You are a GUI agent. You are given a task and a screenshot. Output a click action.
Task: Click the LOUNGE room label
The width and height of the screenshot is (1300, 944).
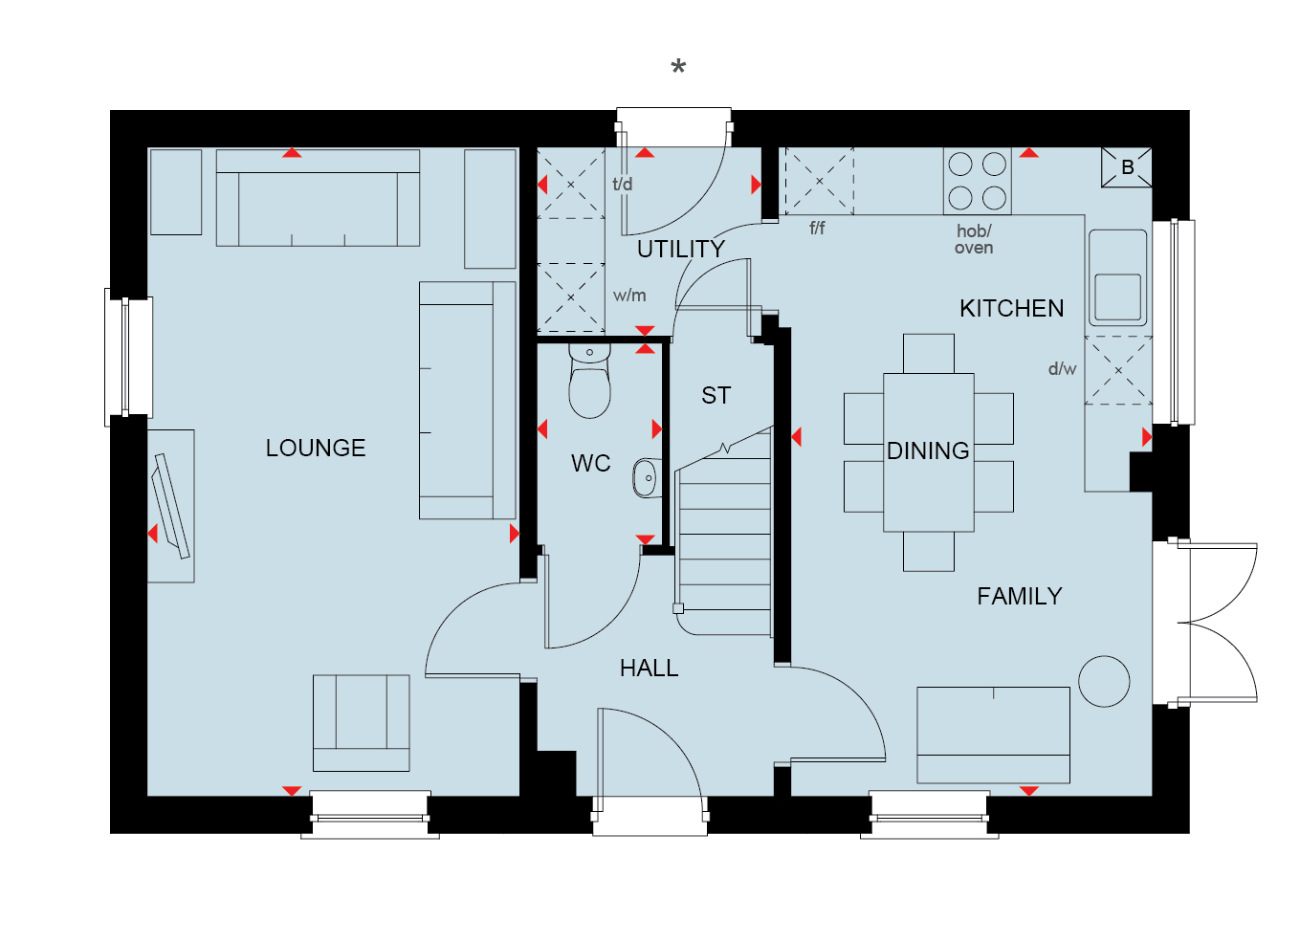(x=316, y=449)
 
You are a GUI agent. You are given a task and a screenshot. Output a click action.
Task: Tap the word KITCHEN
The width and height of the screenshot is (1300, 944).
(x=1011, y=309)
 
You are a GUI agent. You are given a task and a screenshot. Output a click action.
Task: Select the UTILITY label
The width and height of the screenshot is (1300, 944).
(x=681, y=250)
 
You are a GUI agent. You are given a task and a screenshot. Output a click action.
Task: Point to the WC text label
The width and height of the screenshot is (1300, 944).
(x=591, y=464)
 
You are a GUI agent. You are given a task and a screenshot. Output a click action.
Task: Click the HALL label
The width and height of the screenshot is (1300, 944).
(x=649, y=669)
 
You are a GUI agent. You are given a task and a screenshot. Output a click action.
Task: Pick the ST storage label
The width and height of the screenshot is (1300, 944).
(x=716, y=396)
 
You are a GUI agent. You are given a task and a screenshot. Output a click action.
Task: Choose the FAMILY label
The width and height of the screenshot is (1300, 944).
(x=1020, y=597)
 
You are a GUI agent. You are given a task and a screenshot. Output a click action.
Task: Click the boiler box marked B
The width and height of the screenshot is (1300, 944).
(x=1127, y=167)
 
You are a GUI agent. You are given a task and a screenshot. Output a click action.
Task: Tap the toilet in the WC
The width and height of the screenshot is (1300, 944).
(x=589, y=380)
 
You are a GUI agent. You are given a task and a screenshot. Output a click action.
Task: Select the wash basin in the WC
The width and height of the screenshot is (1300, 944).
(x=647, y=478)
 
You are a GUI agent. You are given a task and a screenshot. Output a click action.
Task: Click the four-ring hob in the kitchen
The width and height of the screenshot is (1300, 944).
(x=978, y=181)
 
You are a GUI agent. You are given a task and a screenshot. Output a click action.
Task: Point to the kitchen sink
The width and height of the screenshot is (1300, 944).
(x=1117, y=278)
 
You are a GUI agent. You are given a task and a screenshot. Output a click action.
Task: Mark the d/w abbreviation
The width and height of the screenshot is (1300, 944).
(x=1062, y=369)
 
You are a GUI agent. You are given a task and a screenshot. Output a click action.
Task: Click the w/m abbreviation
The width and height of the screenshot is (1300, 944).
(x=629, y=296)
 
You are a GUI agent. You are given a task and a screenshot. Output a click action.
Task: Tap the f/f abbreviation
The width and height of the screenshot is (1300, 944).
(x=817, y=228)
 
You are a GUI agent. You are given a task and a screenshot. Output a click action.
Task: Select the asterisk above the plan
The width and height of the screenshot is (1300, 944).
(x=678, y=67)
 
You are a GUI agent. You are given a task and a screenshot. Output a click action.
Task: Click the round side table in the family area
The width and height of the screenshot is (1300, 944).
(x=1104, y=682)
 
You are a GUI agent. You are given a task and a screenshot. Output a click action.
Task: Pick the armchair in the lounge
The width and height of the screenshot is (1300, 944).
(x=361, y=723)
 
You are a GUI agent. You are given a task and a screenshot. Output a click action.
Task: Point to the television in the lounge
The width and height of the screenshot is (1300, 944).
(x=170, y=507)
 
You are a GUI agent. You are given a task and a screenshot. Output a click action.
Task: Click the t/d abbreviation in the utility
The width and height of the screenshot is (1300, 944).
(x=622, y=185)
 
